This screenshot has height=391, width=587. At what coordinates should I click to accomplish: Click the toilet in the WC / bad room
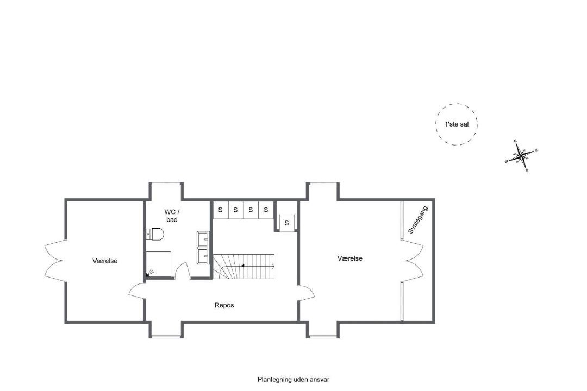[154, 234]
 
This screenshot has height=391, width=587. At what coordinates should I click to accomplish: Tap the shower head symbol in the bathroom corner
[150, 273]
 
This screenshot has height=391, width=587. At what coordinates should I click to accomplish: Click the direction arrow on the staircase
[258, 266]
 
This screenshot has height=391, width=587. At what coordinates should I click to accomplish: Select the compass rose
[521, 155]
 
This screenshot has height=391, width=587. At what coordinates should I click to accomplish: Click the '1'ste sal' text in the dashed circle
[457, 124]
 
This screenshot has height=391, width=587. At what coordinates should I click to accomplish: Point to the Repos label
[224, 305]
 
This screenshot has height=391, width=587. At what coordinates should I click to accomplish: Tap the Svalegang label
[418, 219]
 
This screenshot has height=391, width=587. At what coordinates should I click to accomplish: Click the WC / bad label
[172, 216]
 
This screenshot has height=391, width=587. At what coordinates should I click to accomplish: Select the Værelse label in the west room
[105, 261]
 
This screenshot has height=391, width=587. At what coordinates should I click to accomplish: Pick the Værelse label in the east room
[349, 258]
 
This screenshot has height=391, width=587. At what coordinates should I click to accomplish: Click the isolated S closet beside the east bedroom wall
[287, 223]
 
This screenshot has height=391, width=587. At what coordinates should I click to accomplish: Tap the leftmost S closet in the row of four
[221, 210]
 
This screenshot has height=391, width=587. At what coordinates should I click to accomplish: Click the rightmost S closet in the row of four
[266, 210]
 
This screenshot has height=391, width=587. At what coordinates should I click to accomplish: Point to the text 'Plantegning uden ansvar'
[293, 380]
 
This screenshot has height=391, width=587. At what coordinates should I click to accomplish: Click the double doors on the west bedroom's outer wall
[55, 261]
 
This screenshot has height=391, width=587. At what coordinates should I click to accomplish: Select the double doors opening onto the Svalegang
[413, 261]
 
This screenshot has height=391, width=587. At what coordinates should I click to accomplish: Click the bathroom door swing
[183, 270]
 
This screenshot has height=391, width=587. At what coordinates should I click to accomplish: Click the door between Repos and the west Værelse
[137, 291]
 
